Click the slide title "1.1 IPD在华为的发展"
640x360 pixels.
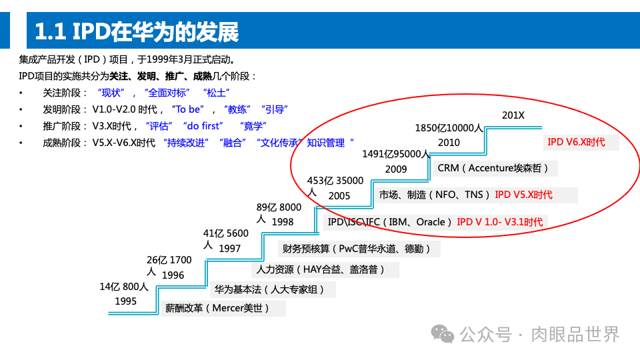136,31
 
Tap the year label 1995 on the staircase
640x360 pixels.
125,301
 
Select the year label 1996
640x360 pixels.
173,275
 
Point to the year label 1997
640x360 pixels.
229,249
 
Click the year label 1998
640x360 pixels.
283,221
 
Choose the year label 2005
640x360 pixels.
339,196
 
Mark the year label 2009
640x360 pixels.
396,169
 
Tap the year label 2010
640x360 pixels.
449,143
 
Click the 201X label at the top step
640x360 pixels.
513,115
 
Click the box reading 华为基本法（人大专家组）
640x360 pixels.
273,290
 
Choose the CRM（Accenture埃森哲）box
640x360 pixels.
495,168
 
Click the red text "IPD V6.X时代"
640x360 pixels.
576,142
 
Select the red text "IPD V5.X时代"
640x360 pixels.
523,195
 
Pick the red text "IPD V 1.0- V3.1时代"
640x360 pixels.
499,222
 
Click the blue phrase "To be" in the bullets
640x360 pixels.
186,109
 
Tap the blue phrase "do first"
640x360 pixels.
203,126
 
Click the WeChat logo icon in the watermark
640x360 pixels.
442,333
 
